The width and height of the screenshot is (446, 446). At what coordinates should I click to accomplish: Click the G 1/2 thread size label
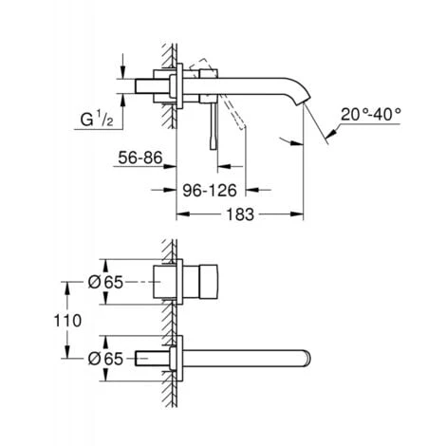tap(99, 121)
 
